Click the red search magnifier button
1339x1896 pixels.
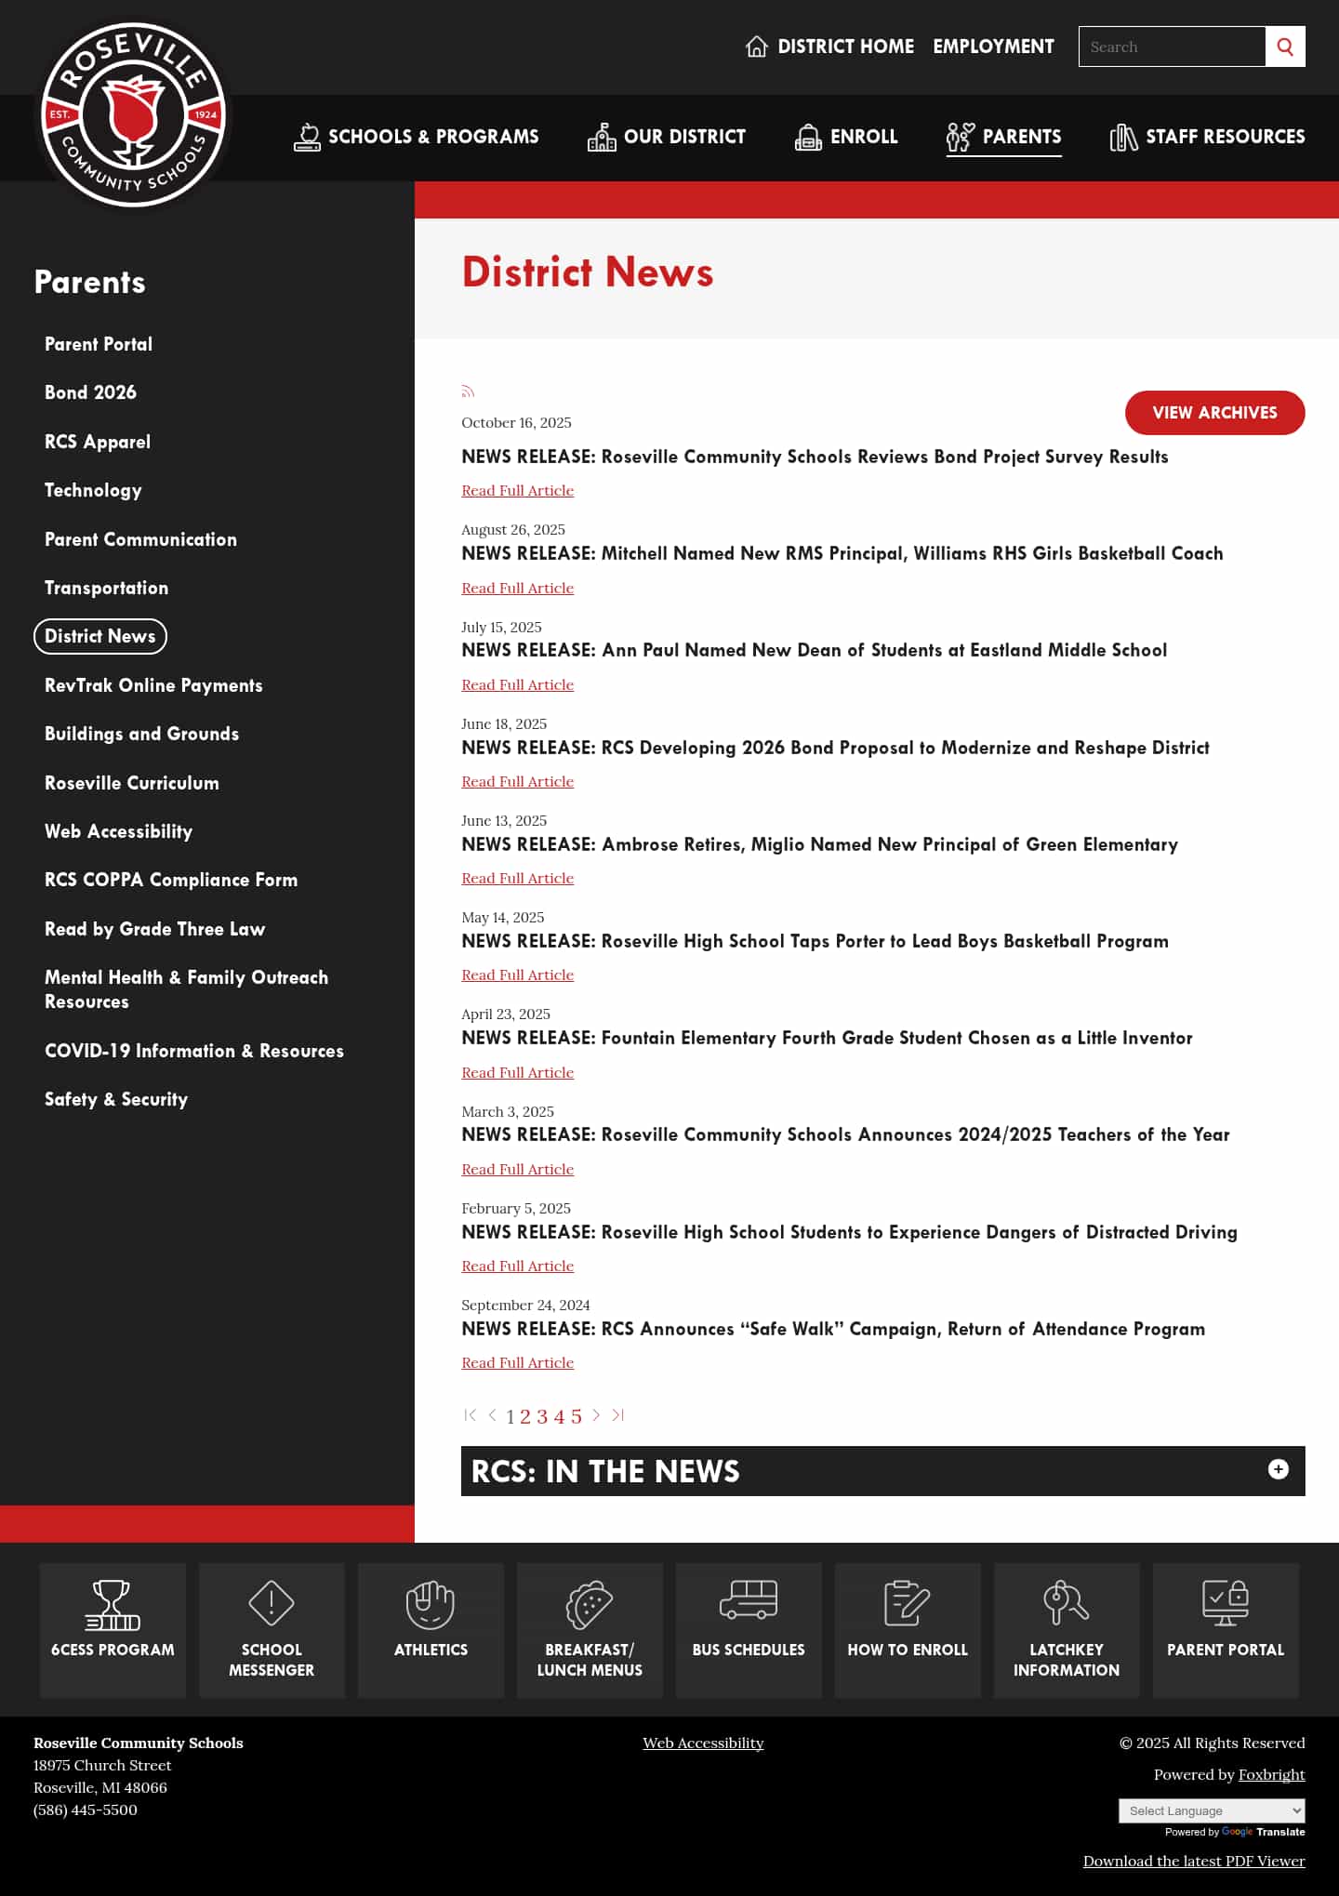[x=1285, y=46]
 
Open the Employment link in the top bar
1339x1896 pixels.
[x=993, y=46]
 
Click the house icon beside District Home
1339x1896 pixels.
[x=757, y=46]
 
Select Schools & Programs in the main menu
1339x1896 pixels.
[x=417, y=137]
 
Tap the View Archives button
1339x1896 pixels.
[x=1214, y=413]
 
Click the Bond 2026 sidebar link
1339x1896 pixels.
[x=90, y=392]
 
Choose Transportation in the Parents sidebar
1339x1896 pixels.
[x=106, y=588]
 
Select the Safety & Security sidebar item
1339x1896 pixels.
[x=116, y=1099]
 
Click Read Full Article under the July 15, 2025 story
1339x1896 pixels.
[x=517, y=685]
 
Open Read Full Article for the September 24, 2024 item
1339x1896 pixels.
[x=517, y=1363]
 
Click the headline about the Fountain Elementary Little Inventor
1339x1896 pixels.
[x=827, y=1038]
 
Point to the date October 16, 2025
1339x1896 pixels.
[x=516, y=423]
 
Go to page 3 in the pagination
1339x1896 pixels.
[x=542, y=1416]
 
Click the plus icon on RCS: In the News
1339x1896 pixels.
[x=1279, y=1469]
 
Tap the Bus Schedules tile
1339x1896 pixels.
[x=749, y=1629]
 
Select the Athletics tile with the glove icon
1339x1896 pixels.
[x=431, y=1629]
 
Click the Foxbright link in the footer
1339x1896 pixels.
[x=1271, y=1774]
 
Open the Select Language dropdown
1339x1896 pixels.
[x=1211, y=1810]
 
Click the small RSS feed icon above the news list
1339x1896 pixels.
[x=468, y=391]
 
